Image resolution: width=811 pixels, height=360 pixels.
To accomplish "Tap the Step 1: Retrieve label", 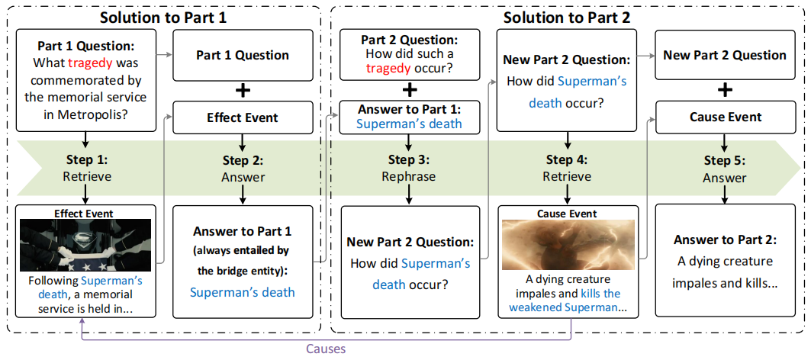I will click(85, 169).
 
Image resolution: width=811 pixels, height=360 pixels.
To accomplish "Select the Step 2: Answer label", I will click(243, 169).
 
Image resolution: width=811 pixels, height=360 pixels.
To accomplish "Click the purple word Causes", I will click(327, 349).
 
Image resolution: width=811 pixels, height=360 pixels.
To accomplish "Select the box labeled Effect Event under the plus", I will click(243, 117).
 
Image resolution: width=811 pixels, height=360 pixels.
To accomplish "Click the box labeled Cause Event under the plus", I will click(725, 117).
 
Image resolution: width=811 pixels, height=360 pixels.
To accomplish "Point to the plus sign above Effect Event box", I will click(243, 90).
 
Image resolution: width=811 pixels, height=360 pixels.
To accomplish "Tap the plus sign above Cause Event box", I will click(725, 89).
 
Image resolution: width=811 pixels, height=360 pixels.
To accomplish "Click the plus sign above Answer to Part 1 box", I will click(410, 89).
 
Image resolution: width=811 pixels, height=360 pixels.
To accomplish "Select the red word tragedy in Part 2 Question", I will click(388, 69).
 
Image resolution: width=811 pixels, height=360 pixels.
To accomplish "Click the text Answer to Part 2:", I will click(725, 240).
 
